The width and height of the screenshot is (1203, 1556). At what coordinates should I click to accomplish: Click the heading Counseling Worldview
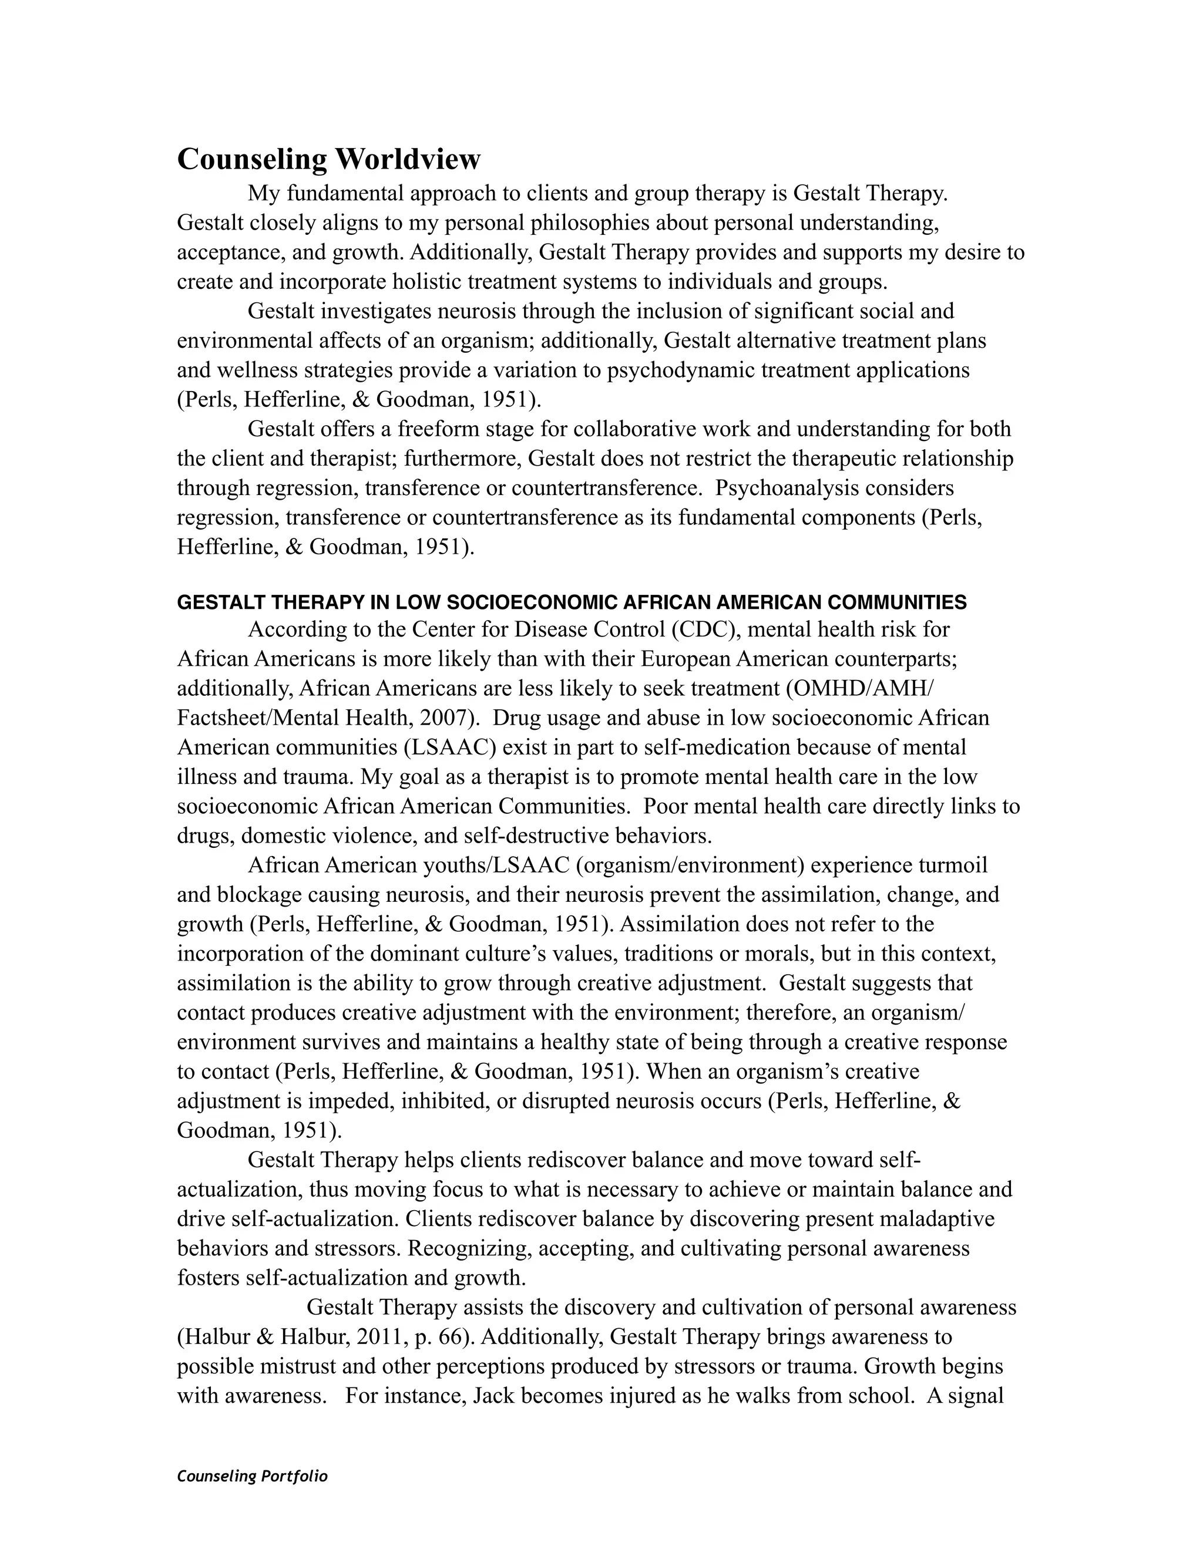tap(328, 159)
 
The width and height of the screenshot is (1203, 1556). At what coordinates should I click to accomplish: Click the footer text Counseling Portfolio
tap(251, 1476)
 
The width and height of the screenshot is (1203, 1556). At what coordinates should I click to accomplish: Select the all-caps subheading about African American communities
tap(572, 603)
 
